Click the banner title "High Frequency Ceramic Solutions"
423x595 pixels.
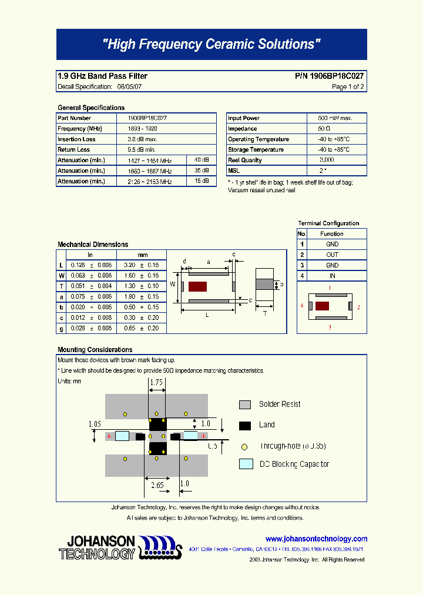[211, 45]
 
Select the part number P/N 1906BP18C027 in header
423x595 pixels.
[329, 76]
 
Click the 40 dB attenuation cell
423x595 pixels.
[202, 160]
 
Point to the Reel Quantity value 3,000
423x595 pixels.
[327, 160]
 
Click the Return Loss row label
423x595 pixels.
[73, 150]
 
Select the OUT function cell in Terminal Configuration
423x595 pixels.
[332, 255]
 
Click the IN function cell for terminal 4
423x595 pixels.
[332, 276]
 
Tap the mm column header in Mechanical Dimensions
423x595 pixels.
[142, 255]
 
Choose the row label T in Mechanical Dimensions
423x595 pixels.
[62, 286]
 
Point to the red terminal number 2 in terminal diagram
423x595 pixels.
[358, 307]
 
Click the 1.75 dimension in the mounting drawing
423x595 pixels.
[156, 382]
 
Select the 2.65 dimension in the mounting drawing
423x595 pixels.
[156, 485]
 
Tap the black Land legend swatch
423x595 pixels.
[245, 425]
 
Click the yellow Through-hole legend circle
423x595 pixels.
[245, 446]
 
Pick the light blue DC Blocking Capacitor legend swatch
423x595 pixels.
[246, 464]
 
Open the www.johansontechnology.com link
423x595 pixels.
[316, 539]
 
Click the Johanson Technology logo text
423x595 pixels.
[98, 547]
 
